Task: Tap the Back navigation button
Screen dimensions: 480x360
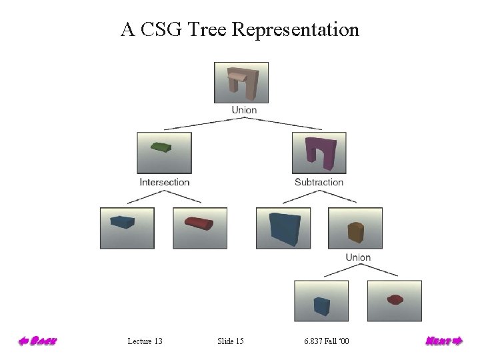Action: click(x=37, y=341)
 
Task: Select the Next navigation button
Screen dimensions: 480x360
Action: click(x=443, y=341)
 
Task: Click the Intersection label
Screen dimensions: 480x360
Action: click(x=164, y=182)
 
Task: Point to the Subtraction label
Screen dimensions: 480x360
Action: click(x=319, y=182)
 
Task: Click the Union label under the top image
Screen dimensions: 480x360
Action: click(x=243, y=110)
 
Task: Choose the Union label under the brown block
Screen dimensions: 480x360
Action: click(x=358, y=257)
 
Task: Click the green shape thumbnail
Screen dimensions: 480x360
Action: click(x=164, y=153)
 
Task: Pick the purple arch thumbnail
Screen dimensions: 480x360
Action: click(x=319, y=153)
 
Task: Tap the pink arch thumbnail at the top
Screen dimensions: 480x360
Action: click(x=241, y=82)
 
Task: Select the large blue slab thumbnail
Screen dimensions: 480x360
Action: click(x=283, y=228)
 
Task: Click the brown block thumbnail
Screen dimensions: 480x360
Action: click(x=355, y=228)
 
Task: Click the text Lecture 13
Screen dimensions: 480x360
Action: click(x=145, y=342)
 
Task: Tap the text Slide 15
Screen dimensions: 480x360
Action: click(x=231, y=342)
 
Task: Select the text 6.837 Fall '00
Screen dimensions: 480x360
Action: click(x=326, y=342)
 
